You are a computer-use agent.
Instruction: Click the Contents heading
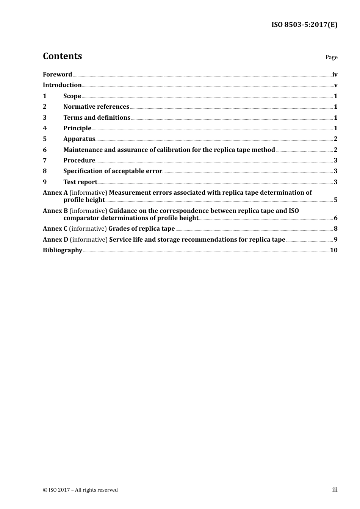[62, 56]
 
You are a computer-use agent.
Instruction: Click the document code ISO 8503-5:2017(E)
[304, 25]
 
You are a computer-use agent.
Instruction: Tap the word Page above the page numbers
[331, 57]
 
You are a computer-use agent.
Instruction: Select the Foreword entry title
[57, 75]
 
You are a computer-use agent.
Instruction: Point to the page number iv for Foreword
[335, 75]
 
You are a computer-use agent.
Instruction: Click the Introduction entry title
[62, 85]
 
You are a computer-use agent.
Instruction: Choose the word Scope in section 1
[72, 96]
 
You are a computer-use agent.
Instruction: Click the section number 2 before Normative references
[45, 107]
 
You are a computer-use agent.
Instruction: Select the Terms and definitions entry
[97, 118]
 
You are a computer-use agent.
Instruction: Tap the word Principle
[77, 128]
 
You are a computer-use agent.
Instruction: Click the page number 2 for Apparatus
[335, 139]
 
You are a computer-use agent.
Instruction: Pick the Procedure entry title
[79, 161]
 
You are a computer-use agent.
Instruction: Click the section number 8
[45, 171]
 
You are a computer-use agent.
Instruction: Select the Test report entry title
[80, 182]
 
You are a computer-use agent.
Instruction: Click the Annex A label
[55, 193]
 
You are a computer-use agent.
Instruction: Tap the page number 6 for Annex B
[335, 218]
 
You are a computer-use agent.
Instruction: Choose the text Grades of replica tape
[141, 229]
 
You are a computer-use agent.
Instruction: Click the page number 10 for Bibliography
[333, 250]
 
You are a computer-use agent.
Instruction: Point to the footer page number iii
[335, 490]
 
